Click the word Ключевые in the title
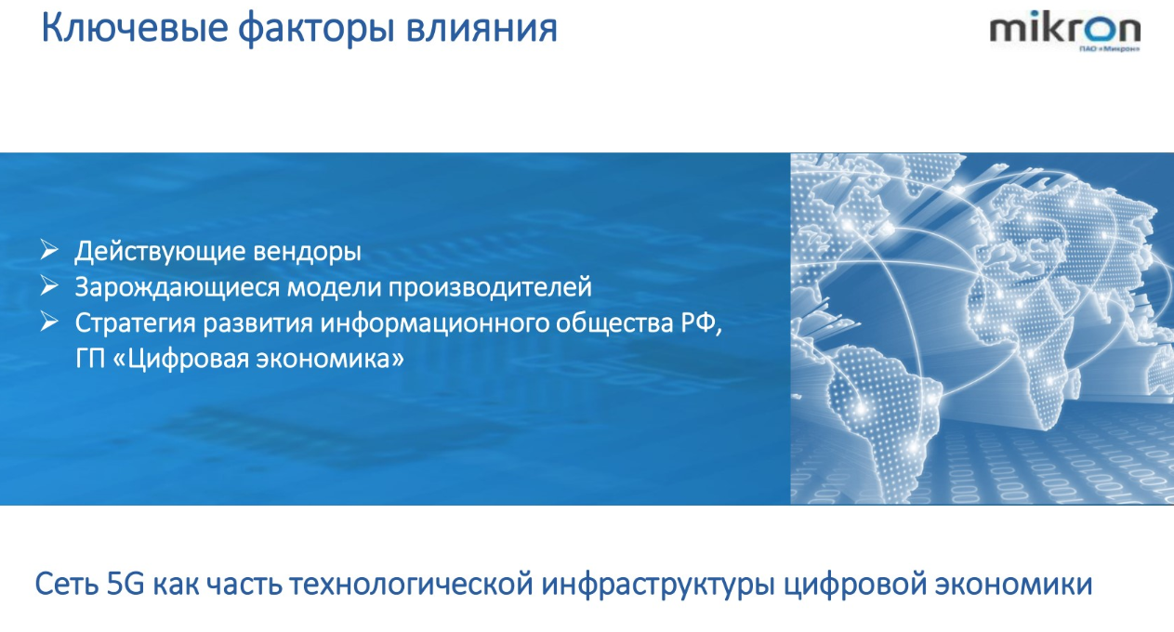click(x=135, y=27)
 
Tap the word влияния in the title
click(x=481, y=30)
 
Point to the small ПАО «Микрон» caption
click(x=1109, y=48)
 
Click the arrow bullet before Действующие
click(x=48, y=250)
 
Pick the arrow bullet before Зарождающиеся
click(x=48, y=286)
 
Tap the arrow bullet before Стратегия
click(x=48, y=322)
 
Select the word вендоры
click(x=307, y=252)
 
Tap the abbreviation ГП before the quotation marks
click(x=90, y=360)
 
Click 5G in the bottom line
click(x=125, y=585)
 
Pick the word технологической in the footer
click(x=412, y=585)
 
